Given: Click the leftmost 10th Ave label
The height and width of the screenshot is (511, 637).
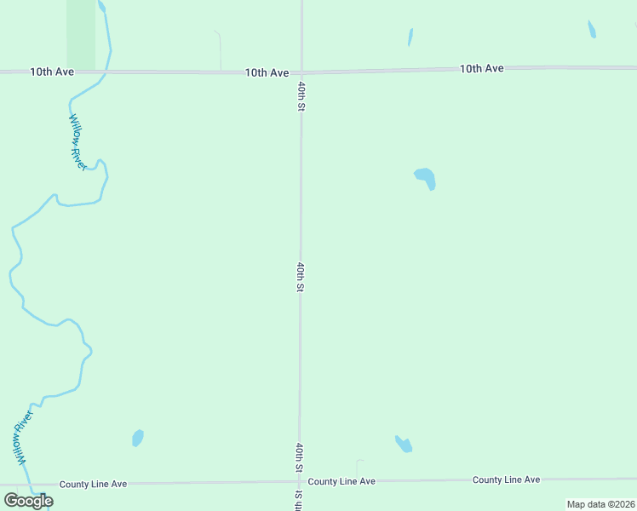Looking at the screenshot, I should [x=52, y=72].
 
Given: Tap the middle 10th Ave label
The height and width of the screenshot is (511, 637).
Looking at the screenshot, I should [x=267, y=73].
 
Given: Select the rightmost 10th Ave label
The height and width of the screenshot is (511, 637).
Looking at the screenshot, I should [x=482, y=68].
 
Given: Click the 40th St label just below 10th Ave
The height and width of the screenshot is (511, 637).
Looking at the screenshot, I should [x=301, y=96].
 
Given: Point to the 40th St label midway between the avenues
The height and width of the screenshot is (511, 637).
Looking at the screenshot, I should [x=301, y=278].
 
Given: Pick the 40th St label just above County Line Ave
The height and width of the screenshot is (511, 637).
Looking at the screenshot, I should [x=300, y=457].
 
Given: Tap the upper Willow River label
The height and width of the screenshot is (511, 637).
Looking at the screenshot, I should [x=77, y=141].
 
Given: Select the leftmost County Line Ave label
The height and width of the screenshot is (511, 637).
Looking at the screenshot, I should [x=93, y=484].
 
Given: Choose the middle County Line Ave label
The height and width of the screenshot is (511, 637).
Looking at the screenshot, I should [x=341, y=481].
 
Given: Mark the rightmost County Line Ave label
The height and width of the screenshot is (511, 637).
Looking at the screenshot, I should [x=506, y=479].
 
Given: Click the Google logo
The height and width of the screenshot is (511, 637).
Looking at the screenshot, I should [x=28, y=501].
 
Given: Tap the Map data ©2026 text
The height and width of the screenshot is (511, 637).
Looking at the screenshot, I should [x=600, y=504].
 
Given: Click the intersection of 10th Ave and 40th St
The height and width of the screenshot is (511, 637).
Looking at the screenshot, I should [x=301, y=72].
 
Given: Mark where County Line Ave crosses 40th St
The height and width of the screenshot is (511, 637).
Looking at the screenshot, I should [x=300, y=481].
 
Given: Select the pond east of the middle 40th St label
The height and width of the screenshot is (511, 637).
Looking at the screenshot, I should [x=426, y=178].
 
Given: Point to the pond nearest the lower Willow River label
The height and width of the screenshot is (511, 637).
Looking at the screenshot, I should [x=137, y=438].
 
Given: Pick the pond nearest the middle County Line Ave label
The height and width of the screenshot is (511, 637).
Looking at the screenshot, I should [x=404, y=444].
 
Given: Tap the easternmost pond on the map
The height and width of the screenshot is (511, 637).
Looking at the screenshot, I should [x=592, y=29].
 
